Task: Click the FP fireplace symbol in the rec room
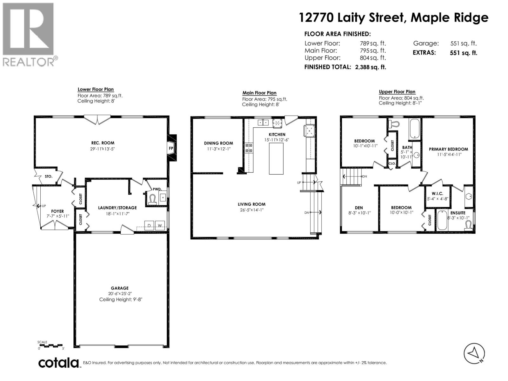171,148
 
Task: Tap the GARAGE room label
120,288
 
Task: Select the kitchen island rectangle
276,158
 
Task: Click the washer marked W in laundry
160,225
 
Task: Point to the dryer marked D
149,225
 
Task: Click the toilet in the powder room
152,199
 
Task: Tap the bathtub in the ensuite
442,220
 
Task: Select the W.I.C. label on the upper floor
438,193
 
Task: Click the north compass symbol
474,353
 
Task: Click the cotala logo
59,363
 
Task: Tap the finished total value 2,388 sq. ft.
371,67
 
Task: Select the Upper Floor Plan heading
397,92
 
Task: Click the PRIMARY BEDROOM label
448,149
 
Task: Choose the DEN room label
359,208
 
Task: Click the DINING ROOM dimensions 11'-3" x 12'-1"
219,149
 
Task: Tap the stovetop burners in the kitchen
249,148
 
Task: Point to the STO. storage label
48,177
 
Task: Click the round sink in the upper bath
416,155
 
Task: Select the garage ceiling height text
121,300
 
